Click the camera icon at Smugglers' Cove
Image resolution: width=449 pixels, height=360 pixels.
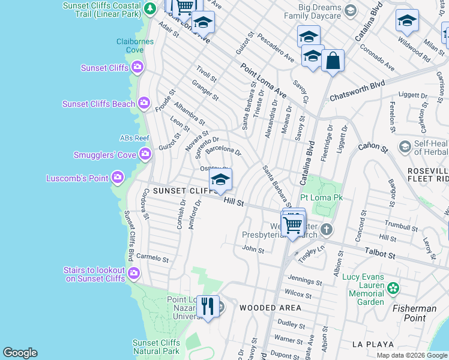pyautogui.click(x=145, y=155)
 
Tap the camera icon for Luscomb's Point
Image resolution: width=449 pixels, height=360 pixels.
pyautogui.click(x=117, y=177)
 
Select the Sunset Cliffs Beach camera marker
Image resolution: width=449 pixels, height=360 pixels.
pyautogui.click(x=143, y=104)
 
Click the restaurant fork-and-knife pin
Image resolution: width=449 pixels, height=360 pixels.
pyautogui.click(x=208, y=306)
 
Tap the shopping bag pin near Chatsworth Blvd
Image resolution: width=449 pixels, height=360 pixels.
pyautogui.click(x=332, y=61)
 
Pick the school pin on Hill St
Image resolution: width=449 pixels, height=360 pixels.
pyautogui.click(x=220, y=180)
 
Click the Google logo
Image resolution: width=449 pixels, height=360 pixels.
pyautogui.click(x=20, y=353)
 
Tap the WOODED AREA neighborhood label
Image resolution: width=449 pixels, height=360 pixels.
pyautogui.click(x=270, y=308)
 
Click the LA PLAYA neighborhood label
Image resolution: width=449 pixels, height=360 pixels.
pyautogui.click(x=372, y=344)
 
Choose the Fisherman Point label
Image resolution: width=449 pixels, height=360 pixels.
pyautogui.click(x=414, y=308)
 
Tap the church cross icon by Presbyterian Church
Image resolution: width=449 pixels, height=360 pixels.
pyautogui.click(x=326, y=229)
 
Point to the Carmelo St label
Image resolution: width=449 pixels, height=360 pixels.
pyautogui.click(x=152, y=257)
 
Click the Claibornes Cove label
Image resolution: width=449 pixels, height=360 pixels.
pyautogui.click(x=135, y=46)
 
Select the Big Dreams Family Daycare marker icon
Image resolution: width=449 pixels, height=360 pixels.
pyautogui.click(x=351, y=10)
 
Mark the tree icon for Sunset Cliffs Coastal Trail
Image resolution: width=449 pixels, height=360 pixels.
pyautogui.click(x=149, y=9)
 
